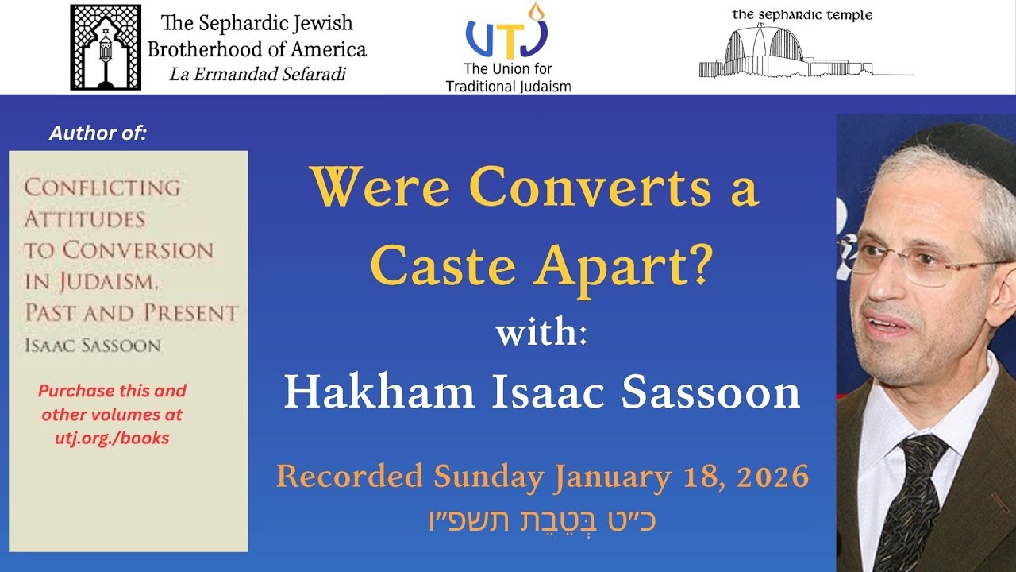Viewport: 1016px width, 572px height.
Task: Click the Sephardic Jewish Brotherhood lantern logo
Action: (x=106, y=47)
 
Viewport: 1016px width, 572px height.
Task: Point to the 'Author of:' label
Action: (x=98, y=133)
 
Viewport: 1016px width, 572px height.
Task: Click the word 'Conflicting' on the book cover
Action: (x=102, y=188)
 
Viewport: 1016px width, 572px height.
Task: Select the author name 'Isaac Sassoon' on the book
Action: (x=93, y=345)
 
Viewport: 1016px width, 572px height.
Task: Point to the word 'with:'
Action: (x=541, y=331)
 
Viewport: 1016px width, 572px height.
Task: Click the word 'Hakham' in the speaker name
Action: (x=379, y=392)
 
